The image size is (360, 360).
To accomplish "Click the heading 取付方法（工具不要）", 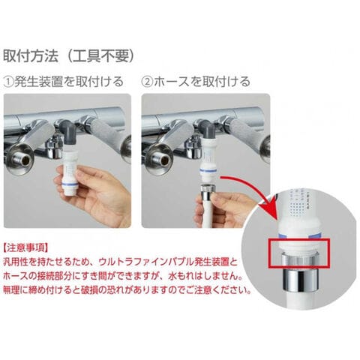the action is coord(69,55).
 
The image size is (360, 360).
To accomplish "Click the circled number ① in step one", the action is coord(9,82).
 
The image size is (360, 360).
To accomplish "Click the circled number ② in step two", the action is coord(147,82).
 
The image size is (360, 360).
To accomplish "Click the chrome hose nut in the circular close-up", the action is coord(299,275).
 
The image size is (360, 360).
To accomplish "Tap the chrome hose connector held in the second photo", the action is coord(206,193).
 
